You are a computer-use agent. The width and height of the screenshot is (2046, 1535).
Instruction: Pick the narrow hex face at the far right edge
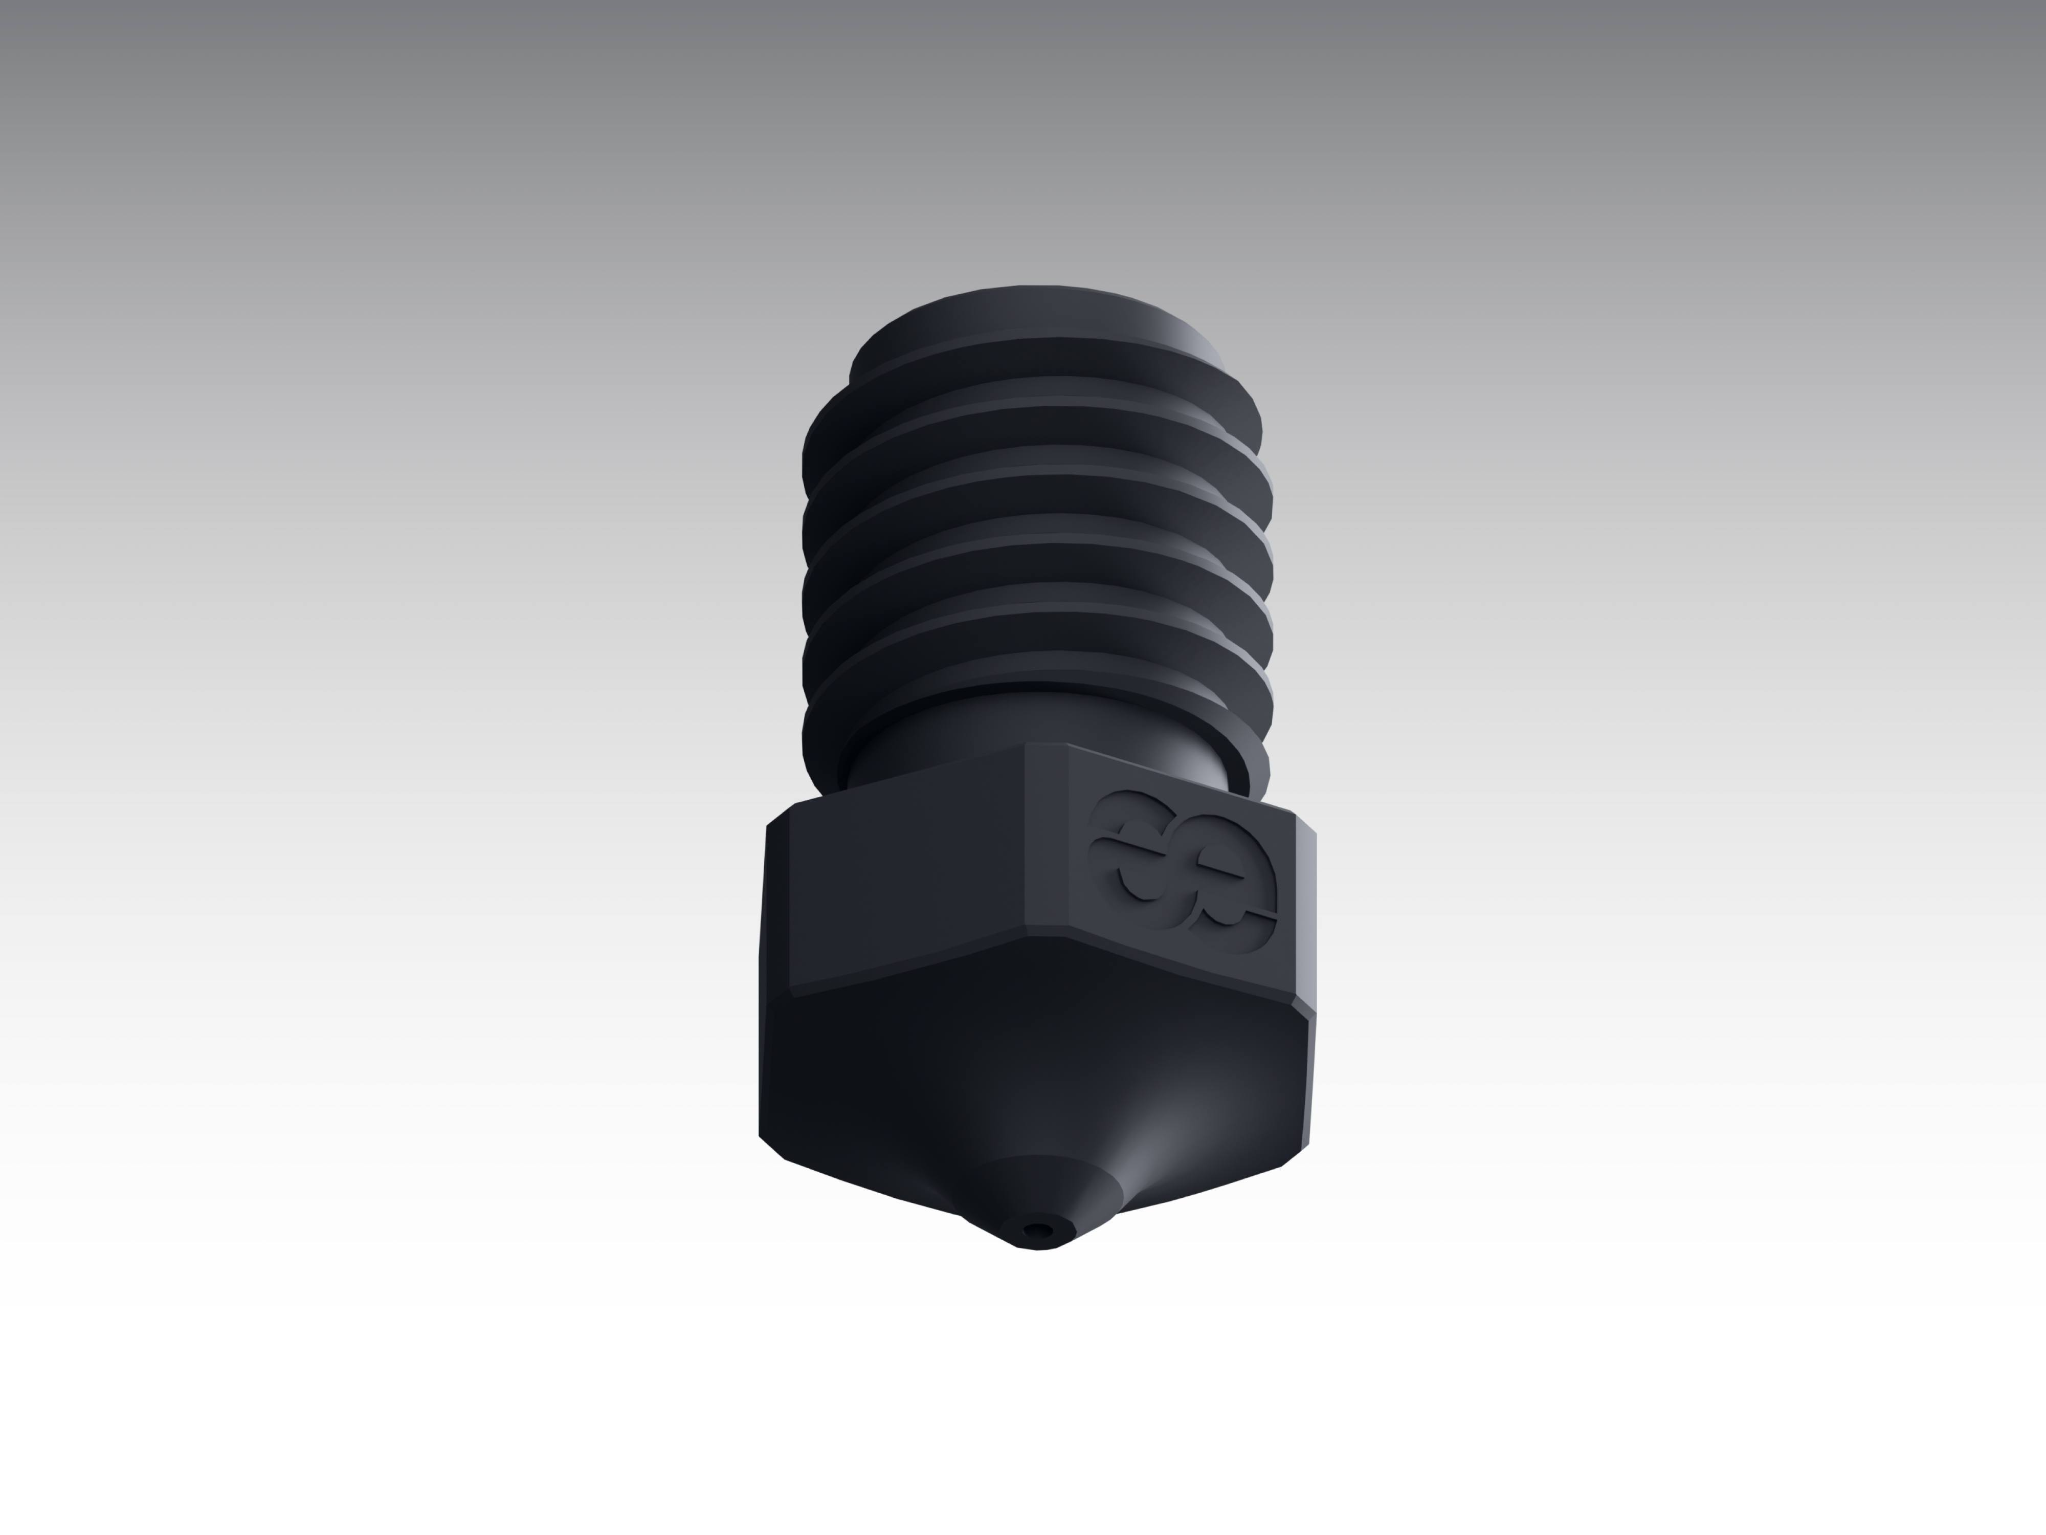1304,916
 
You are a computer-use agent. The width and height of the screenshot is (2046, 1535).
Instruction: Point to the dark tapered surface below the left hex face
860,1073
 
